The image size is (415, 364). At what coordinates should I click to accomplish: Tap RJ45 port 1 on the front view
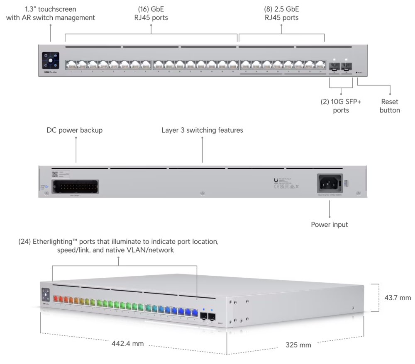tap(71, 64)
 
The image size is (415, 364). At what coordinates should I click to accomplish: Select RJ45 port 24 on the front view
tap(320, 64)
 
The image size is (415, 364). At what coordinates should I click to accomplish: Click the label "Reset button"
tap(390, 106)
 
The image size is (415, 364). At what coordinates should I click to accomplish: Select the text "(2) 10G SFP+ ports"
tap(341, 106)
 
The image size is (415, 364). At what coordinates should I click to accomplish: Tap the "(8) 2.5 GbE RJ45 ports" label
tap(281, 13)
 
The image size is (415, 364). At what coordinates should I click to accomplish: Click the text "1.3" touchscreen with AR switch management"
tap(51, 13)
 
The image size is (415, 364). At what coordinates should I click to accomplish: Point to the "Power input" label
tap(330, 225)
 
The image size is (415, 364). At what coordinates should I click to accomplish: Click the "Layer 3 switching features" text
tap(202, 130)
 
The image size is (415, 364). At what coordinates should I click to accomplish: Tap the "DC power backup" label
tap(75, 130)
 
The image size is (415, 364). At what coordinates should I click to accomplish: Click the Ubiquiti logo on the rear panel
tap(276, 180)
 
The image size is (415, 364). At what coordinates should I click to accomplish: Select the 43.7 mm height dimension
tap(397, 298)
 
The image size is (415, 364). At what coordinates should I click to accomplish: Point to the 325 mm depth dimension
tap(298, 345)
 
